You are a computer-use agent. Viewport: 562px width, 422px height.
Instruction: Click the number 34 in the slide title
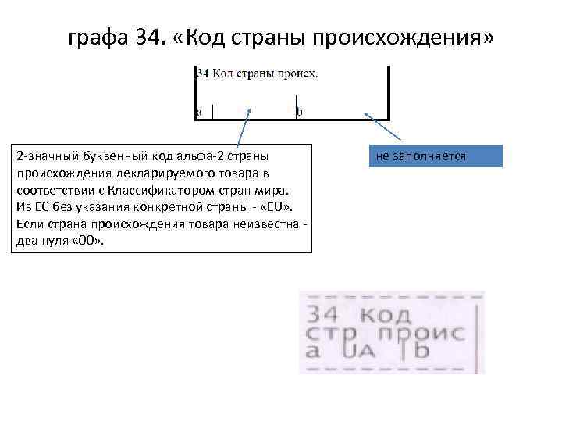(147, 38)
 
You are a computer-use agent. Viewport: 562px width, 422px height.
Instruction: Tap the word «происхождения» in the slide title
(417, 38)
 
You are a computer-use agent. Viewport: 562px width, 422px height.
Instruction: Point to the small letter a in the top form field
(199, 112)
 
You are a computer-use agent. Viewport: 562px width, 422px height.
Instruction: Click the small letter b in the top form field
(300, 112)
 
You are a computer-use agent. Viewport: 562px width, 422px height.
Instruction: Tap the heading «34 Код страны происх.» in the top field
(256, 74)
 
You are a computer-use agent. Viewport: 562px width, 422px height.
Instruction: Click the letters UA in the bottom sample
(365, 353)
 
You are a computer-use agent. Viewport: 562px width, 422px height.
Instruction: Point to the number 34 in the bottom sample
(323, 316)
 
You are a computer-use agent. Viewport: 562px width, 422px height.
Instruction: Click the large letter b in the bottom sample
(421, 352)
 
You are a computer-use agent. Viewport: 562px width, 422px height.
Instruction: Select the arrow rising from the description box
(243, 128)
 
